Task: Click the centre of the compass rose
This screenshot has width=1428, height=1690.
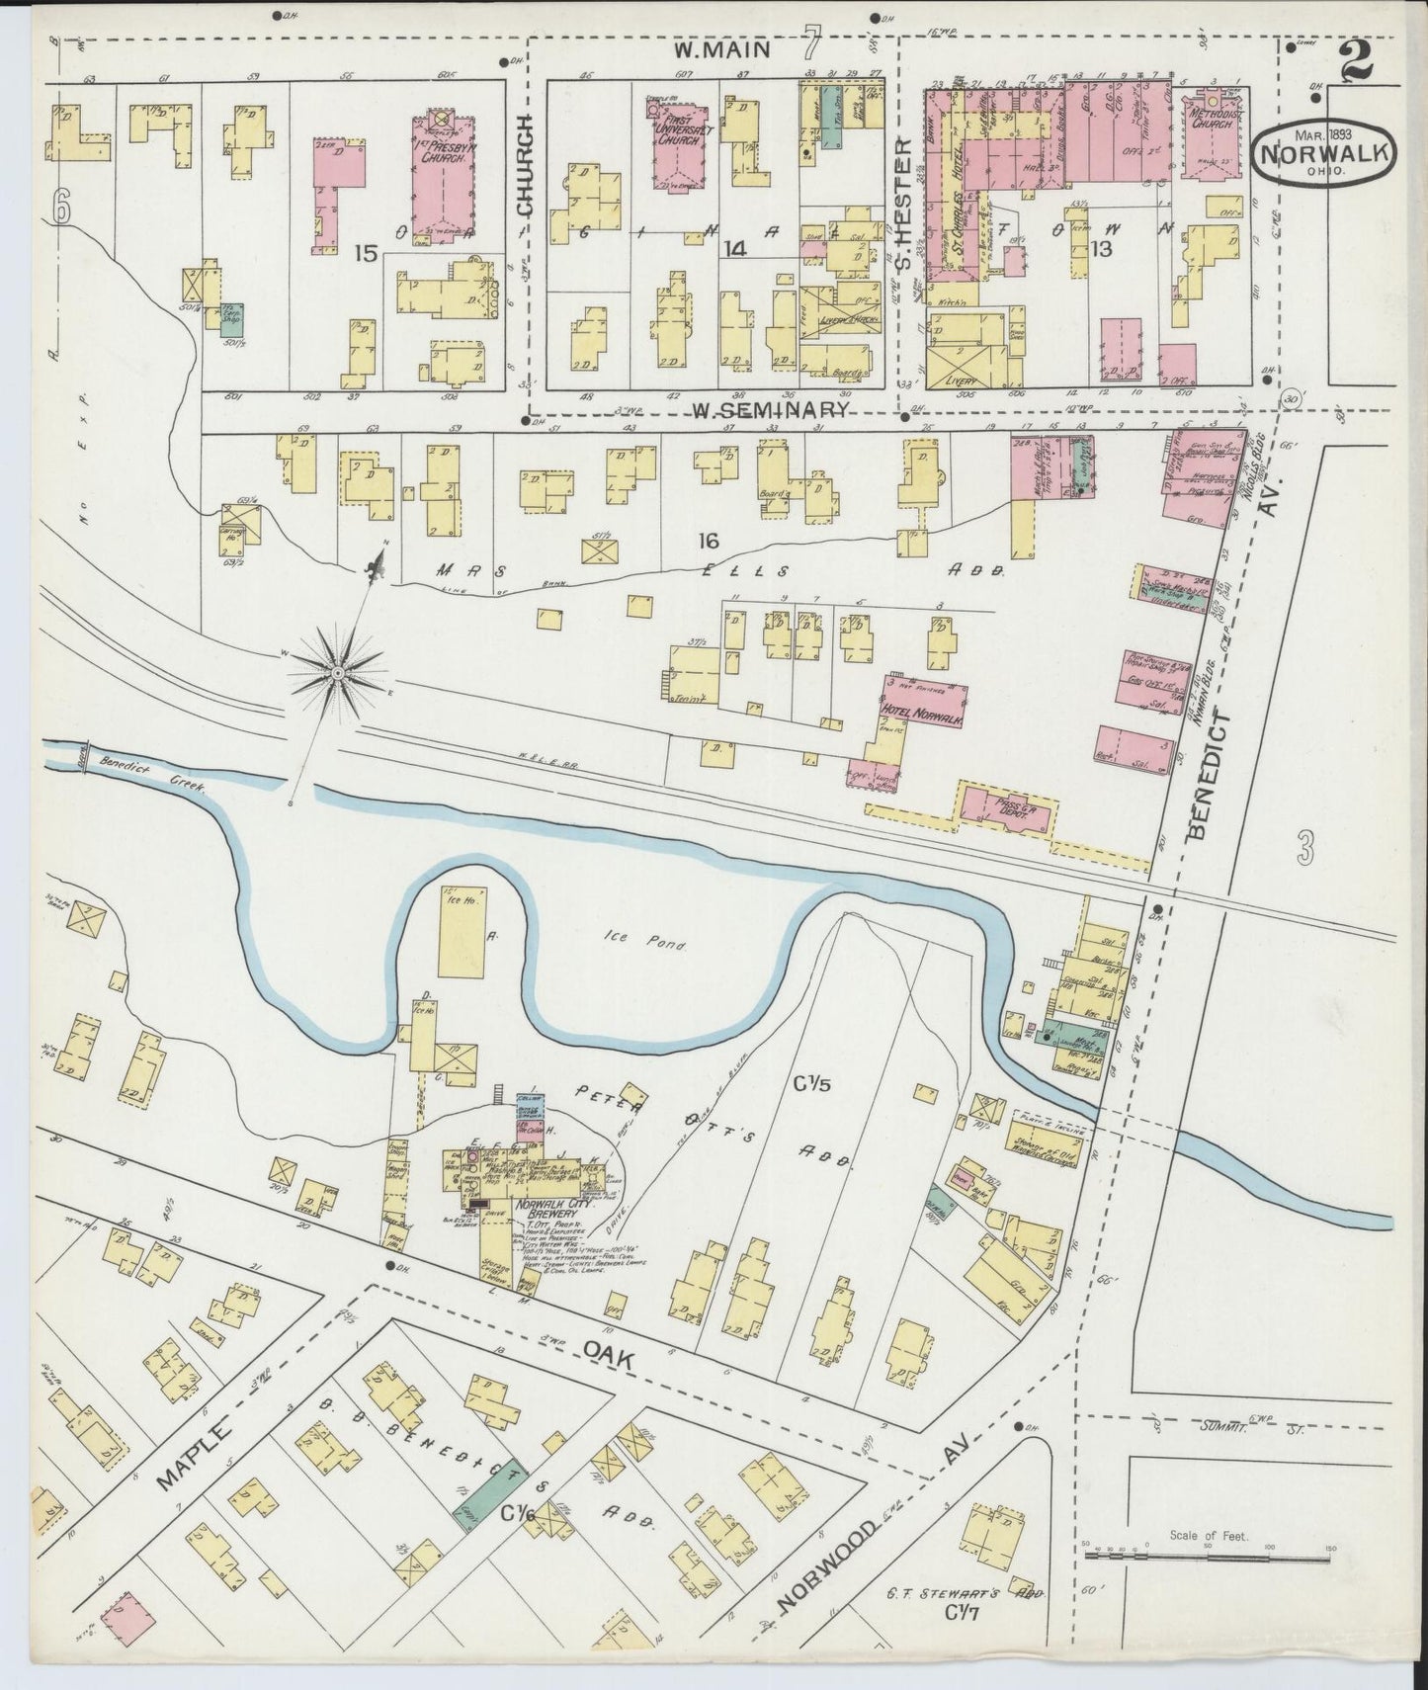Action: click(x=337, y=672)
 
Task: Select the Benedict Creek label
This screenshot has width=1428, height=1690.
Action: click(x=150, y=774)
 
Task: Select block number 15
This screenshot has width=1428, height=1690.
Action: click(x=366, y=254)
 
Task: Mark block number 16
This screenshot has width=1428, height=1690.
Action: click(x=708, y=541)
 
